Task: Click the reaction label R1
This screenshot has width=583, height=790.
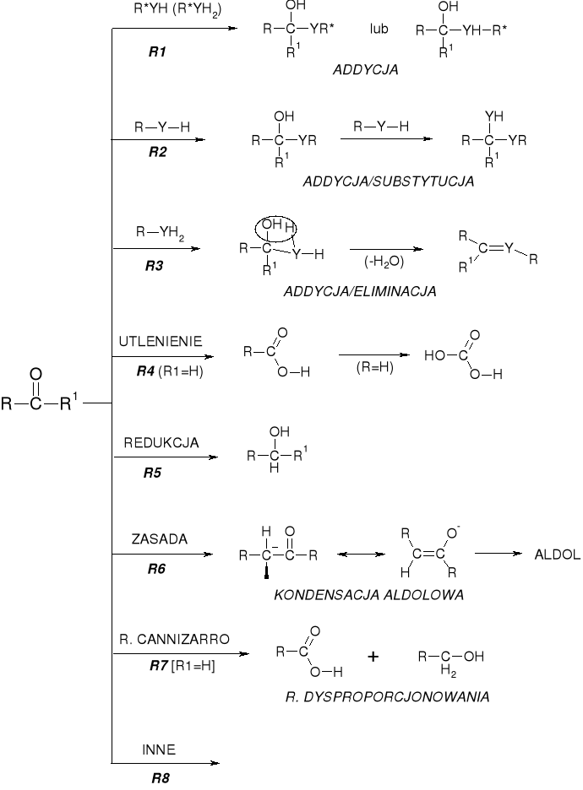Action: pyautogui.click(x=157, y=52)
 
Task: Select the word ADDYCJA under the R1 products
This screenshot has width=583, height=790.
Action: pyautogui.click(x=365, y=72)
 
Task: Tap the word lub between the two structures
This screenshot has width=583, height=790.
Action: pyautogui.click(x=379, y=29)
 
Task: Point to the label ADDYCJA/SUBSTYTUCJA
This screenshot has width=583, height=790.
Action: pyautogui.click(x=387, y=181)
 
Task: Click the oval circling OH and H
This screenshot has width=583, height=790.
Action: pyautogui.click(x=276, y=227)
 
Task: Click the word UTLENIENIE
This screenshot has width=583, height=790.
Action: pyautogui.click(x=161, y=341)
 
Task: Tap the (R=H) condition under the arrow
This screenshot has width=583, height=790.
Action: pyautogui.click(x=369, y=368)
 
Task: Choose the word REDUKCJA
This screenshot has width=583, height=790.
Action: pyautogui.click(x=161, y=442)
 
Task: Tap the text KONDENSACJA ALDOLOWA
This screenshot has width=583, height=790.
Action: pyautogui.click(x=369, y=595)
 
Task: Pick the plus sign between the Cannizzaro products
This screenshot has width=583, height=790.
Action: pyautogui.click(x=373, y=657)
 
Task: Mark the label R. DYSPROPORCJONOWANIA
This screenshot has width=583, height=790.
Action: pyautogui.click(x=388, y=697)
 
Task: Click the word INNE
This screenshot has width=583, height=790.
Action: pyautogui.click(x=159, y=748)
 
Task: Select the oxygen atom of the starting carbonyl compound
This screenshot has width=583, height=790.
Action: pyautogui.click(x=35, y=373)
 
